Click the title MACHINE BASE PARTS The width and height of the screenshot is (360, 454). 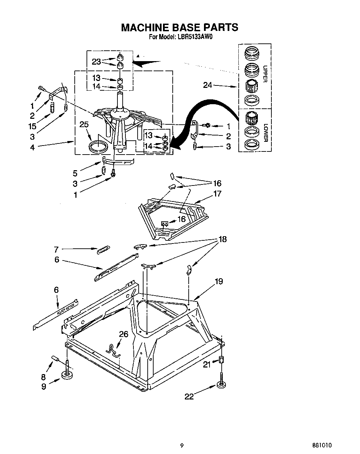tap(179, 27)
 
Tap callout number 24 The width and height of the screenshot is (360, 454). tap(207, 84)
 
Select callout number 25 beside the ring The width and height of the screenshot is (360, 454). tap(84, 124)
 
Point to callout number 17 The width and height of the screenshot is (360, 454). tap(217, 193)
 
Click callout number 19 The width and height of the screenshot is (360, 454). tap(219, 281)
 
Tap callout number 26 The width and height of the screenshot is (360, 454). tap(124, 334)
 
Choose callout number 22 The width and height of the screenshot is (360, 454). tap(189, 396)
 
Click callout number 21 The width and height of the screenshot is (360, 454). tap(207, 364)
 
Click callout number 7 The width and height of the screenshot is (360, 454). tap(56, 249)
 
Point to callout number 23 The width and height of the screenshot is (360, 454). tap(96, 62)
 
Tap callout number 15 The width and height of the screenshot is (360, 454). tap(32, 126)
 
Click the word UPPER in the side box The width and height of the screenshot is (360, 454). tap(265, 74)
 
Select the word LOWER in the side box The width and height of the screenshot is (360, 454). tap(265, 132)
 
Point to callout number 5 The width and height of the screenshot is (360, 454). tap(75, 173)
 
